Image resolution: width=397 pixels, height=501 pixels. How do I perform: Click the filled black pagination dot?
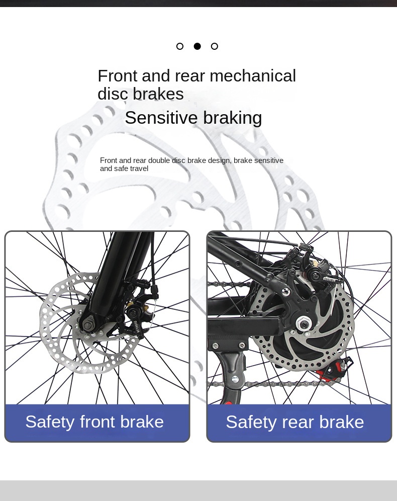[x=197, y=46]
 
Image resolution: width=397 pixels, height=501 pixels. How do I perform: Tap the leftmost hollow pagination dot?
[x=180, y=46]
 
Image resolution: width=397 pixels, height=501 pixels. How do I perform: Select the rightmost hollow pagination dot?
[x=215, y=46]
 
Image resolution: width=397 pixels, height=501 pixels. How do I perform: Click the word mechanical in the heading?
[x=253, y=76]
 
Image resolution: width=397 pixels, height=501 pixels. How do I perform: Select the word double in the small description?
[x=159, y=160]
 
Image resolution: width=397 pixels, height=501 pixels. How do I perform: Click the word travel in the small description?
[x=139, y=169]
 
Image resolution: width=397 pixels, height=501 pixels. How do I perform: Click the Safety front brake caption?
[x=94, y=422]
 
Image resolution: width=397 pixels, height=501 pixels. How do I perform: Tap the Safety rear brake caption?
[x=294, y=422]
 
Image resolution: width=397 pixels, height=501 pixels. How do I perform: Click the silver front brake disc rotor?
[x=55, y=342]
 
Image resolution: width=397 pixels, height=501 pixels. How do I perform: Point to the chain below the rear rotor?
[x=281, y=384]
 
